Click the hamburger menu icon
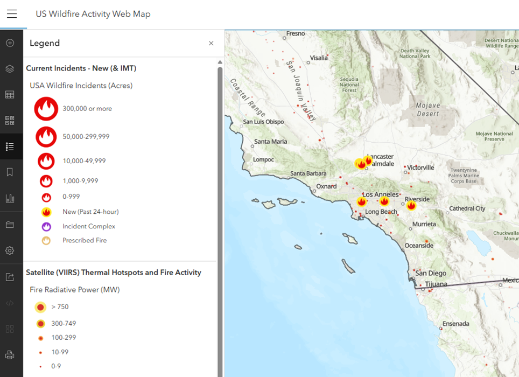(x=12, y=15)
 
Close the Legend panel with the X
(x=211, y=43)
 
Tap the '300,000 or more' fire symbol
(x=46, y=109)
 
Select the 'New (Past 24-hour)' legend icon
(x=46, y=212)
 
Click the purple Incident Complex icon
(x=46, y=226)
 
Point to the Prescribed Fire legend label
(x=85, y=240)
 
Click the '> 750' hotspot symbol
(x=40, y=307)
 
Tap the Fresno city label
(x=296, y=33)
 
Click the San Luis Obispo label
(x=263, y=122)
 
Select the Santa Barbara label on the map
(x=308, y=173)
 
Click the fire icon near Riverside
(x=411, y=206)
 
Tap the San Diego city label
(x=430, y=273)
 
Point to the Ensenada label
(x=456, y=324)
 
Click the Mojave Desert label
(x=428, y=110)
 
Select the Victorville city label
(x=424, y=167)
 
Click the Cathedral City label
(x=467, y=208)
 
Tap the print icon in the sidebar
(x=10, y=355)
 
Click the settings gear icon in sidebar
(x=10, y=250)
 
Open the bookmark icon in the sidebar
(x=10, y=172)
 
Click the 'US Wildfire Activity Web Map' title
(x=93, y=14)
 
